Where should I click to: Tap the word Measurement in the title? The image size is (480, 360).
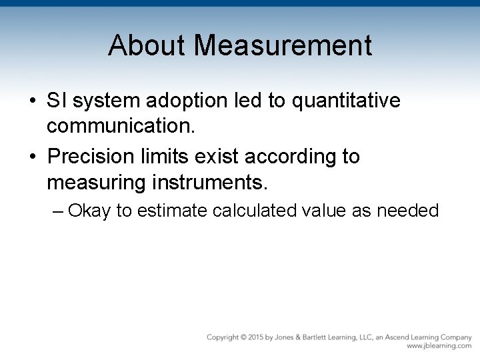tap(284, 45)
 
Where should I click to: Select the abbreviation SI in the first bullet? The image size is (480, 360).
tap(56, 101)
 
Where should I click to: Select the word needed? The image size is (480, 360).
tap(407, 211)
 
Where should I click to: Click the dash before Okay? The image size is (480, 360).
tap(58, 211)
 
